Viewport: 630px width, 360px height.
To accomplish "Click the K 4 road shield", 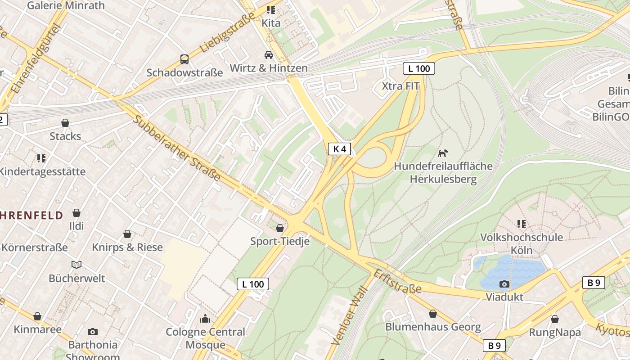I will click(x=339, y=149).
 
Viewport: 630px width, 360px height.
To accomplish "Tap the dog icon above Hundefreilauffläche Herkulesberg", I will click(x=443, y=153).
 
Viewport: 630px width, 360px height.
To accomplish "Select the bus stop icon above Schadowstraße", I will click(x=184, y=59).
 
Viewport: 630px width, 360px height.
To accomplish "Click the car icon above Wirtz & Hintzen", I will click(x=269, y=55).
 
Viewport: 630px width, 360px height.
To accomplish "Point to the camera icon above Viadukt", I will click(x=504, y=284).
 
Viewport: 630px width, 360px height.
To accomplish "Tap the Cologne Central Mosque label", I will click(x=206, y=338).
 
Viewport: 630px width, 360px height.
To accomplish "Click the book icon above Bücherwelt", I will click(x=77, y=265).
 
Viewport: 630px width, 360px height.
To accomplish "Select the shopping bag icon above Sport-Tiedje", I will click(x=280, y=228).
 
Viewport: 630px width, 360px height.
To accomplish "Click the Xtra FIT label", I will click(x=400, y=86).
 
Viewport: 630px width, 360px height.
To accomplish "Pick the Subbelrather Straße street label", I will click(x=177, y=148).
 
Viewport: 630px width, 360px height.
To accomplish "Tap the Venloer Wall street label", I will click(x=349, y=315).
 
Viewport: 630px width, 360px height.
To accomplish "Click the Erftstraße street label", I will click(x=397, y=281).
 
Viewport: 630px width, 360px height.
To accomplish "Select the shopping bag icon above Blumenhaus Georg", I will click(x=433, y=314).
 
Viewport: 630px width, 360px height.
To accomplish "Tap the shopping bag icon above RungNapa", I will click(x=555, y=319).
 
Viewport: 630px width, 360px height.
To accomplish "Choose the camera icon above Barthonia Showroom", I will click(x=93, y=332).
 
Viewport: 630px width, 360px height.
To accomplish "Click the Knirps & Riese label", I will click(x=127, y=247).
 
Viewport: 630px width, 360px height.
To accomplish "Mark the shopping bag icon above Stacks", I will click(x=65, y=123).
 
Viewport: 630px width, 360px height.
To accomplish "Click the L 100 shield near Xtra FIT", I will click(x=418, y=69).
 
